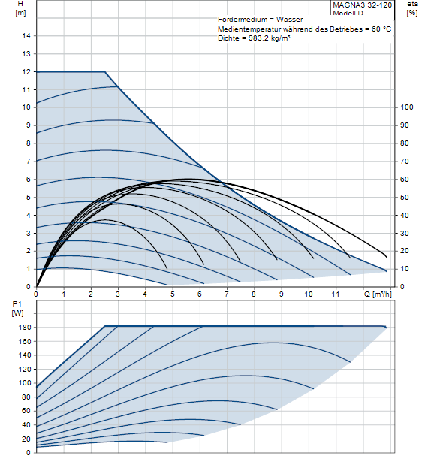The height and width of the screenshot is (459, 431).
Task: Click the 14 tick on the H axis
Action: click(x=26, y=36)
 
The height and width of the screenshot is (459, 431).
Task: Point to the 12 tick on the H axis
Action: click(x=26, y=72)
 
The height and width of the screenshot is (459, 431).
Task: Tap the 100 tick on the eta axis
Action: click(x=407, y=107)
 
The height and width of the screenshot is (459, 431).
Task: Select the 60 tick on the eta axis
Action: click(x=405, y=179)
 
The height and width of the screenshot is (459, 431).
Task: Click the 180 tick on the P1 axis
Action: click(x=25, y=328)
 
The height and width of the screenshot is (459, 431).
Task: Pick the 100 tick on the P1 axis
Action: click(x=25, y=383)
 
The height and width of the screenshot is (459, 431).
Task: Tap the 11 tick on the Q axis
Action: click(x=336, y=294)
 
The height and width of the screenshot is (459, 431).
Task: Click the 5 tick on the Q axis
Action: click(x=173, y=294)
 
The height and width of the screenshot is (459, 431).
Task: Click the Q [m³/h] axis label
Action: click(x=378, y=294)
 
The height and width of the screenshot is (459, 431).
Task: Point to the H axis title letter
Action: click(x=20, y=4)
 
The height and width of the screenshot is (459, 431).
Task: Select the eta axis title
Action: click(x=412, y=4)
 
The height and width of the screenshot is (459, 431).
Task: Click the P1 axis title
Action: click(x=17, y=303)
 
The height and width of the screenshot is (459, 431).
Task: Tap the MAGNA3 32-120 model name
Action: click(x=362, y=5)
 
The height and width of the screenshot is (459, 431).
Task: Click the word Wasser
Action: click(x=289, y=20)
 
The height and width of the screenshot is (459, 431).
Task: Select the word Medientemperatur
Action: click(x=249, y=29)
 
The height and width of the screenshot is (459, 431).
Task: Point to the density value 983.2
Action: click(x=258, y=38)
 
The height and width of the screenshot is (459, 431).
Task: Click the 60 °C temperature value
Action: click(x=381, y=29)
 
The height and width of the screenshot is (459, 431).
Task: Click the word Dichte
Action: click(x=228, y=38)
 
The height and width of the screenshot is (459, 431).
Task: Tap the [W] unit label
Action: click(x=17, y=313)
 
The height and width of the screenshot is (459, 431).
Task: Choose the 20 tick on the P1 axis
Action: click(x=26, y=439)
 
